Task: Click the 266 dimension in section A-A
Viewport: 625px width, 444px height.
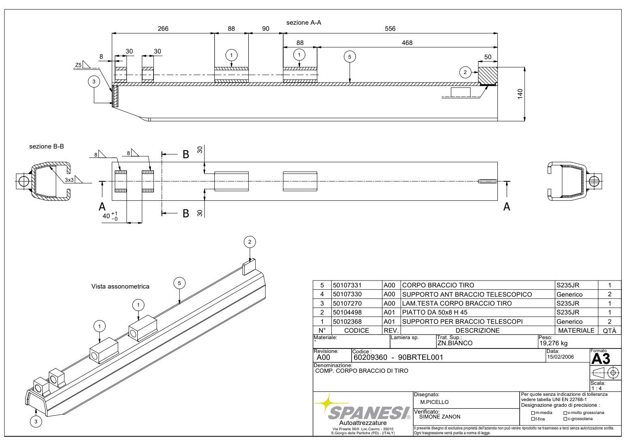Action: pos(163,28)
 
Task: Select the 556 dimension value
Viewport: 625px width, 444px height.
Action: pos(390,28)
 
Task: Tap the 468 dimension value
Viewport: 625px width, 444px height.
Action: pos(407,42)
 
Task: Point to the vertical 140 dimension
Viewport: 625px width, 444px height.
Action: pos(520,94)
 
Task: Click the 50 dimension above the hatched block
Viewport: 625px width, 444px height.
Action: pos(488,57)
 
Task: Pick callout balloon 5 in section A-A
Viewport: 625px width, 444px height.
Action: pos(350,57)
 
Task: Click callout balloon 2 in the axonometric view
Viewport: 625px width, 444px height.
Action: pos(250,242)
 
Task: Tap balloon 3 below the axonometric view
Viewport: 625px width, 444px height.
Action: pos(36,421)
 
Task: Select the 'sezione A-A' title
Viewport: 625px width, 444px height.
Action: pos(303,23)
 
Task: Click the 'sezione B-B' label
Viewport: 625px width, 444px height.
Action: pos(47,147)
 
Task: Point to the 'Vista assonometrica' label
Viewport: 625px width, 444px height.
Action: pos(120,287)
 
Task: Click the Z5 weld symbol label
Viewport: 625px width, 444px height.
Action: pos(78,65)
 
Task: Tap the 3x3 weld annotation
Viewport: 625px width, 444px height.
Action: pos(69,180)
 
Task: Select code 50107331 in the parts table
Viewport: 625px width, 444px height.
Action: pos(347,285)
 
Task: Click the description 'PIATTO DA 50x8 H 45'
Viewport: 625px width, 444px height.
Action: pos(435,312)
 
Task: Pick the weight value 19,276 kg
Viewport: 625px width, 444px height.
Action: pos(553,343)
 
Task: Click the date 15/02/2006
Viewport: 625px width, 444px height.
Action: pos(560,357)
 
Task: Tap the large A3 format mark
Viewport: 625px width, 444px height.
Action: pos(600,359)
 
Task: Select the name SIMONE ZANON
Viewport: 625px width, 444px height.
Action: pos(439,416)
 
